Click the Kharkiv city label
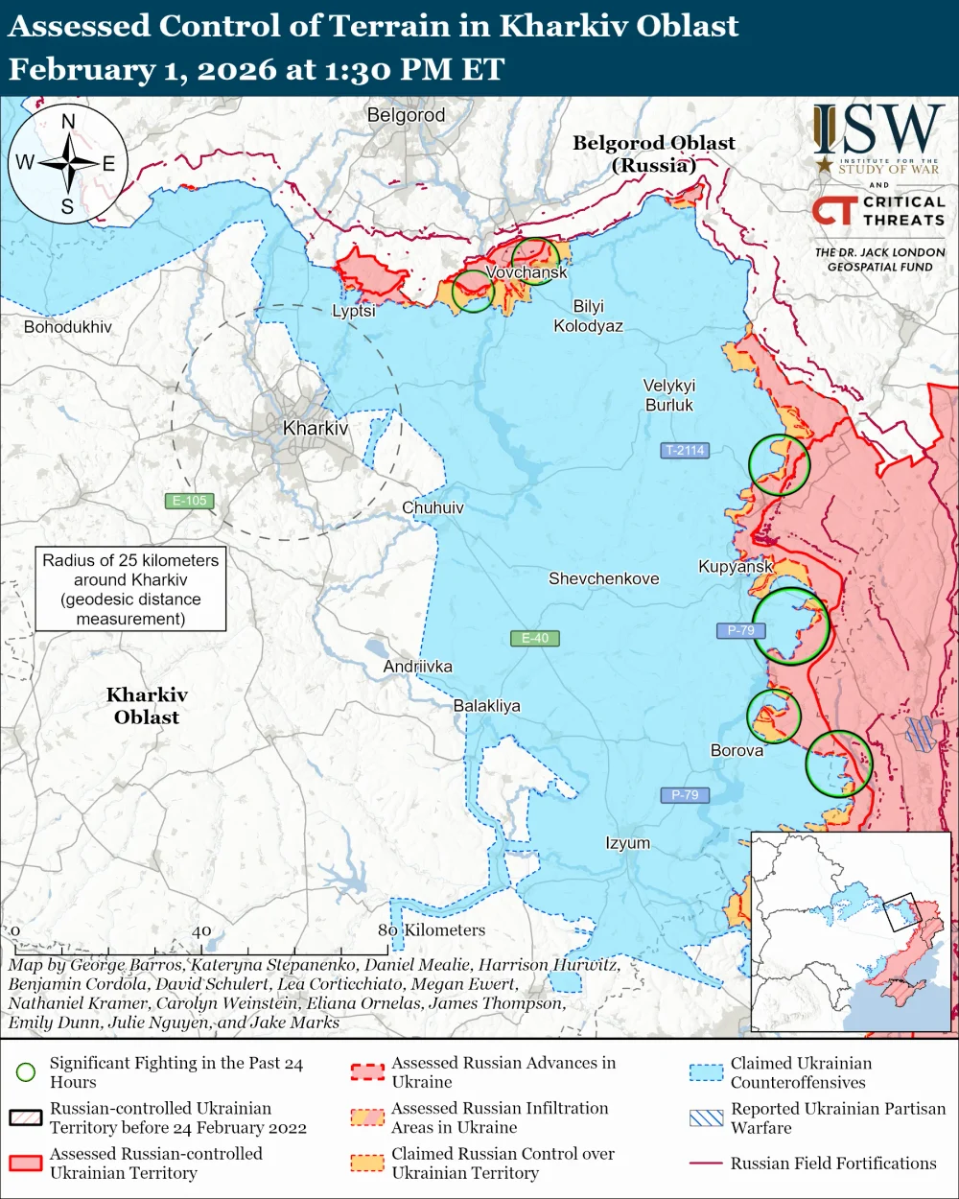coord(316,429)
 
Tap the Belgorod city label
coord(406,115)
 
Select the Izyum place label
coord(627,843)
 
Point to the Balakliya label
coord(486,706)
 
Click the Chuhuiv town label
coord(433,507)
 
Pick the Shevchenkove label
coord(603,578)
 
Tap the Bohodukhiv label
coord(67,327)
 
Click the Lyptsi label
coord(354,311)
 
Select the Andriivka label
coord(417,667)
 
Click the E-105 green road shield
coord(189,501)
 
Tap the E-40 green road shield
coord(535,638)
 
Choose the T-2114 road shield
coord(685,450)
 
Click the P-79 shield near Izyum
coord(685,794)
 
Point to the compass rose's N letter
coord(68,122)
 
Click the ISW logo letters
coord(878,130)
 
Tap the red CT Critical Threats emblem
coord(833,210)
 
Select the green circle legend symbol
coord(26,1072)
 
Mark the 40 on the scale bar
coord(201,930)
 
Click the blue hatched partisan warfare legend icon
coord(707,1118)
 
